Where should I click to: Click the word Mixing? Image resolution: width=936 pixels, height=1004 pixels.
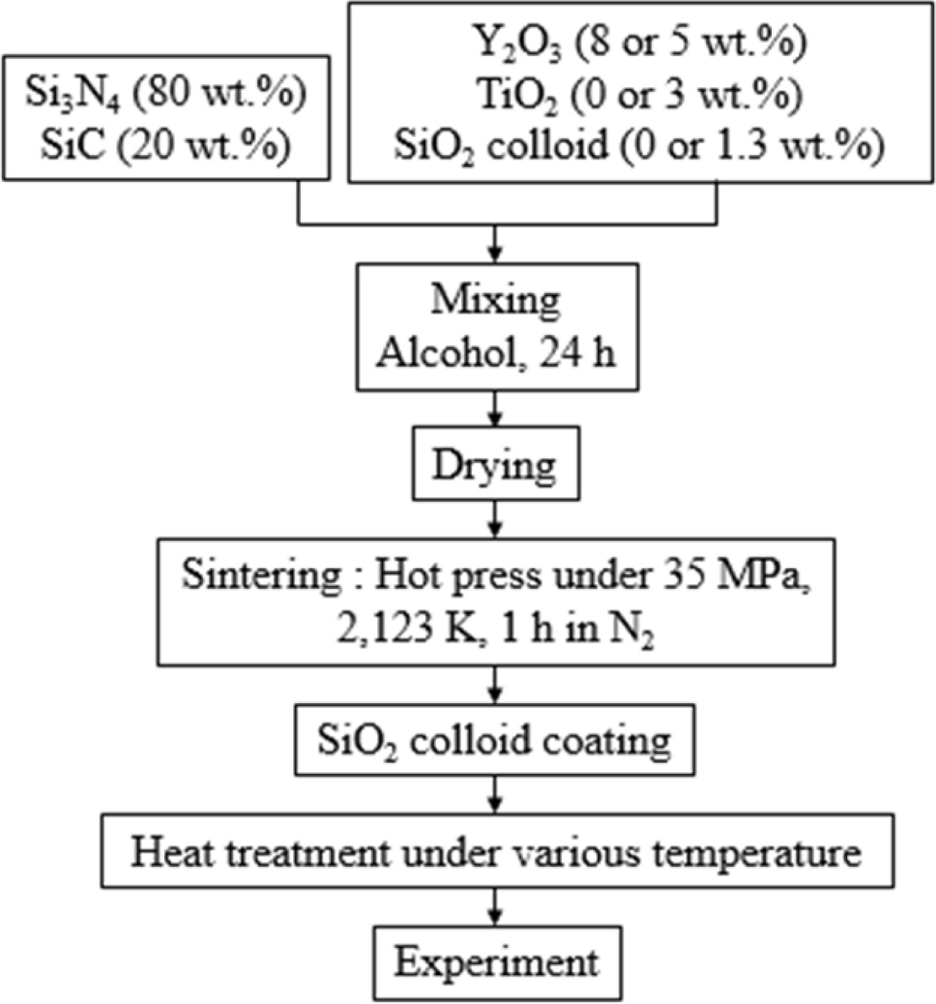click(496, 300)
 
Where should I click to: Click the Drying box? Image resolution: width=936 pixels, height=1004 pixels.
click(496, 464)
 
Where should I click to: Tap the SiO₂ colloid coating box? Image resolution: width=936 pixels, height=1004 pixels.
click(494, 740)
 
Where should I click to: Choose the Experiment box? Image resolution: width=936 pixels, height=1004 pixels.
click(497, 963)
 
